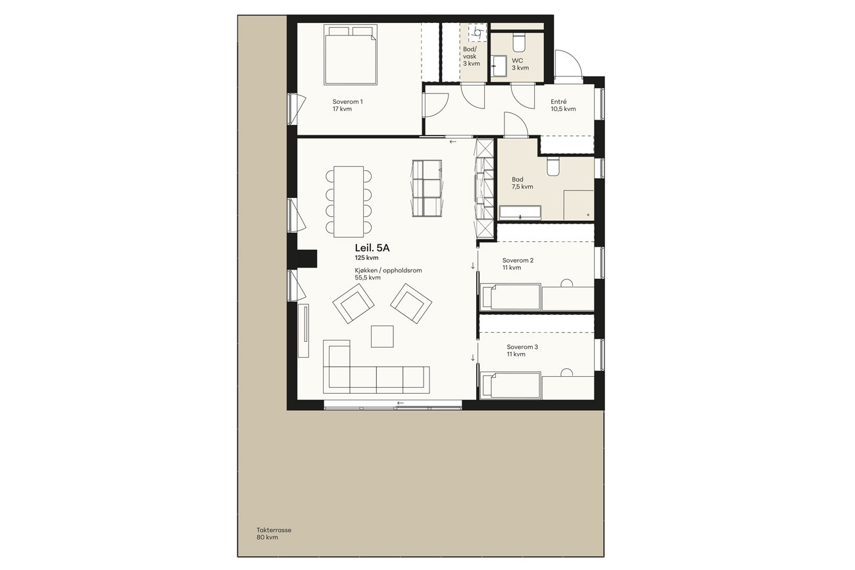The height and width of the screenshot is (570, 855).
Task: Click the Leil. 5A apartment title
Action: tap(372, 248)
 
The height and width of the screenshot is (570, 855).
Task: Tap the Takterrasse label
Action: tap(274, 530)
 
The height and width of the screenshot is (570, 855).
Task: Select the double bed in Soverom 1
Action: tap(351, 55)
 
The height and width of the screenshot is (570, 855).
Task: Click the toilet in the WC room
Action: tap(519, 43)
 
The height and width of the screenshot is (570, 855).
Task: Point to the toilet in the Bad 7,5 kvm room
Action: tap(552, 166)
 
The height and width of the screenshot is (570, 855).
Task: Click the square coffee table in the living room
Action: tap(382, 336)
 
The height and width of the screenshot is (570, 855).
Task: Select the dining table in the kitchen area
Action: tap(349, 201)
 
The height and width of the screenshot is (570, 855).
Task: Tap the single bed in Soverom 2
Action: tap(511, 297)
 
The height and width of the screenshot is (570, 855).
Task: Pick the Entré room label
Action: tap(558, 102)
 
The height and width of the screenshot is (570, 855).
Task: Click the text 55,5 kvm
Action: tap(368, 277)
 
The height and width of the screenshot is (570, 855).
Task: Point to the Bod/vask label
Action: tap(470, 53)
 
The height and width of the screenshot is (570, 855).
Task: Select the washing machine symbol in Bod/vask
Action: tap(477, 32)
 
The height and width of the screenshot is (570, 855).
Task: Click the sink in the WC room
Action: tap(498, 66)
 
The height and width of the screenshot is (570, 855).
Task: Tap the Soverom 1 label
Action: tap(347, 102)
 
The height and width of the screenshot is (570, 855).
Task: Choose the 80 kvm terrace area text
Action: tap(267, 538)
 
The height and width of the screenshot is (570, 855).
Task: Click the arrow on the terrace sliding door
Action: tap(401, 403)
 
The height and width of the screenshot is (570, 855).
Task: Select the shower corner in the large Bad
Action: tap(579, 205)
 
